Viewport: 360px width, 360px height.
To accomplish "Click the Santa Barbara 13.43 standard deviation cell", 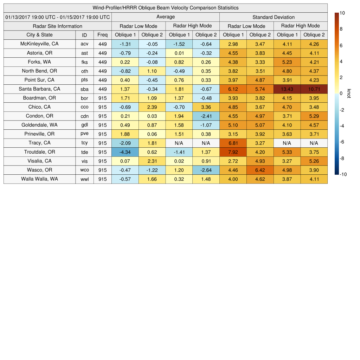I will [x=287, y=89].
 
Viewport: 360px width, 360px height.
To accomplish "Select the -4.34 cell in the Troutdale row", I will [x=125, y=152].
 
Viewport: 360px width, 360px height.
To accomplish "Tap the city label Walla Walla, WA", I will [x=39, y=179].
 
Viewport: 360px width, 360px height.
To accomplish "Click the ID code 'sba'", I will [x=84, y=89].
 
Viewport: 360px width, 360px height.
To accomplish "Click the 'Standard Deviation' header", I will [x=273, y=17].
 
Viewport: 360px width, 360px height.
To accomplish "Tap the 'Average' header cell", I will [x=165, y=17].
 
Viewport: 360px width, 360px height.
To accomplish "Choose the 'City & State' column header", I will [x=39, y=35].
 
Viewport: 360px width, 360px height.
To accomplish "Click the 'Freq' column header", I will [x=102, y=35].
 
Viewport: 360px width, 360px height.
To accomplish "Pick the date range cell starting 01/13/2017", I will [x=58, y=17].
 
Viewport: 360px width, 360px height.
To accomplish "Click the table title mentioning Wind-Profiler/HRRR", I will [x=165, y=8].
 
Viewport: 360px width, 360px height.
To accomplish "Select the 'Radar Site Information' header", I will [x=57, y=26].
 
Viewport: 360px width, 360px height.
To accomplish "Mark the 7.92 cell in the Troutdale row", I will [x=233, y=152].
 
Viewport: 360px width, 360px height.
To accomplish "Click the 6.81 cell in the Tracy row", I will [x=233, y=143].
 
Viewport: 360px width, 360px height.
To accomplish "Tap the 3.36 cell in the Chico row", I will [x=206, y=107].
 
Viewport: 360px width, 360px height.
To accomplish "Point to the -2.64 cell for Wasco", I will [x=206, y=170].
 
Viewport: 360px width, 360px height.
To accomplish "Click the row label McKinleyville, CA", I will [x=39, y=44].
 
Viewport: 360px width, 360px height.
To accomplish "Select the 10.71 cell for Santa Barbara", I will [x=314, y=89].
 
